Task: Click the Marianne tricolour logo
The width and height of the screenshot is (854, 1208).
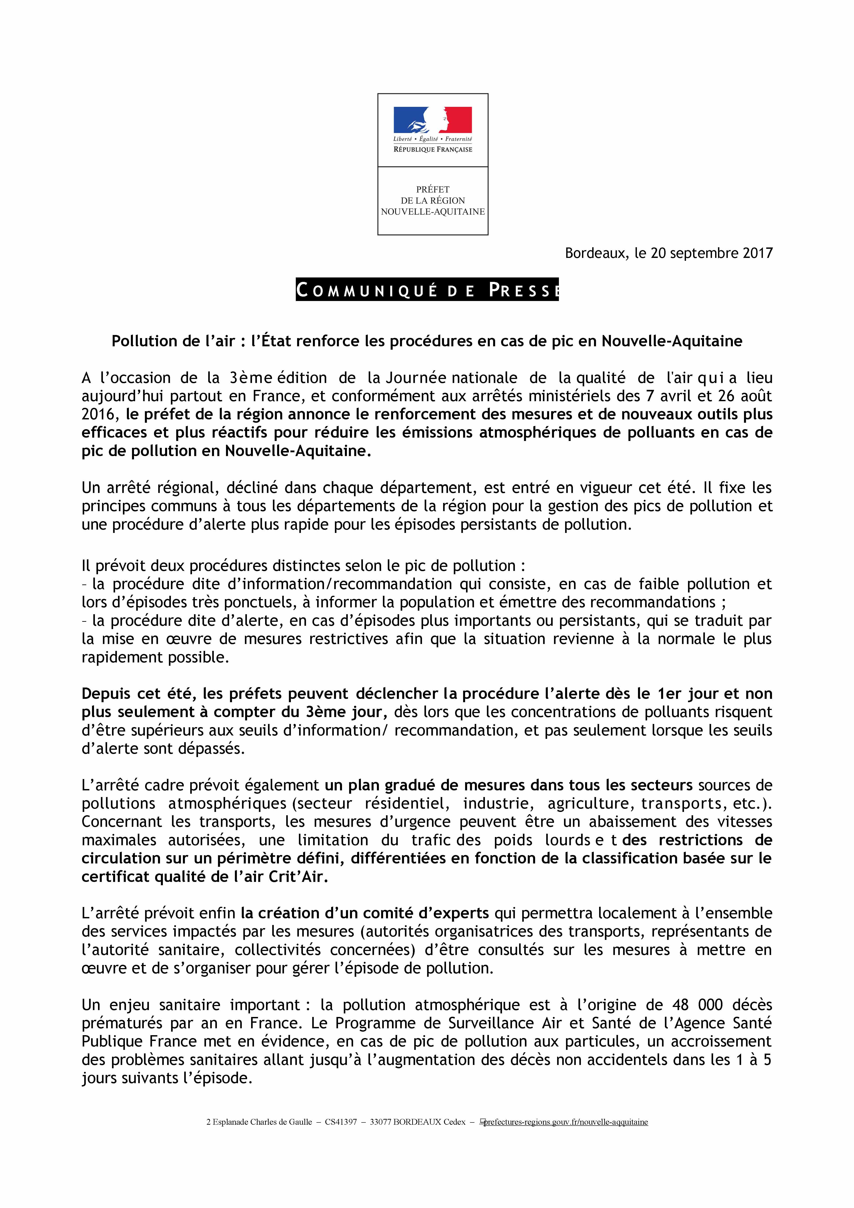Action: (x=432, y=120)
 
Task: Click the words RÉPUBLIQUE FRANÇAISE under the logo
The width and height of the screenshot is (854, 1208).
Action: (x=432, y=150)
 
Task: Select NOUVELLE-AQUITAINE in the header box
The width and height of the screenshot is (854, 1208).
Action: (x=432, y=211)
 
